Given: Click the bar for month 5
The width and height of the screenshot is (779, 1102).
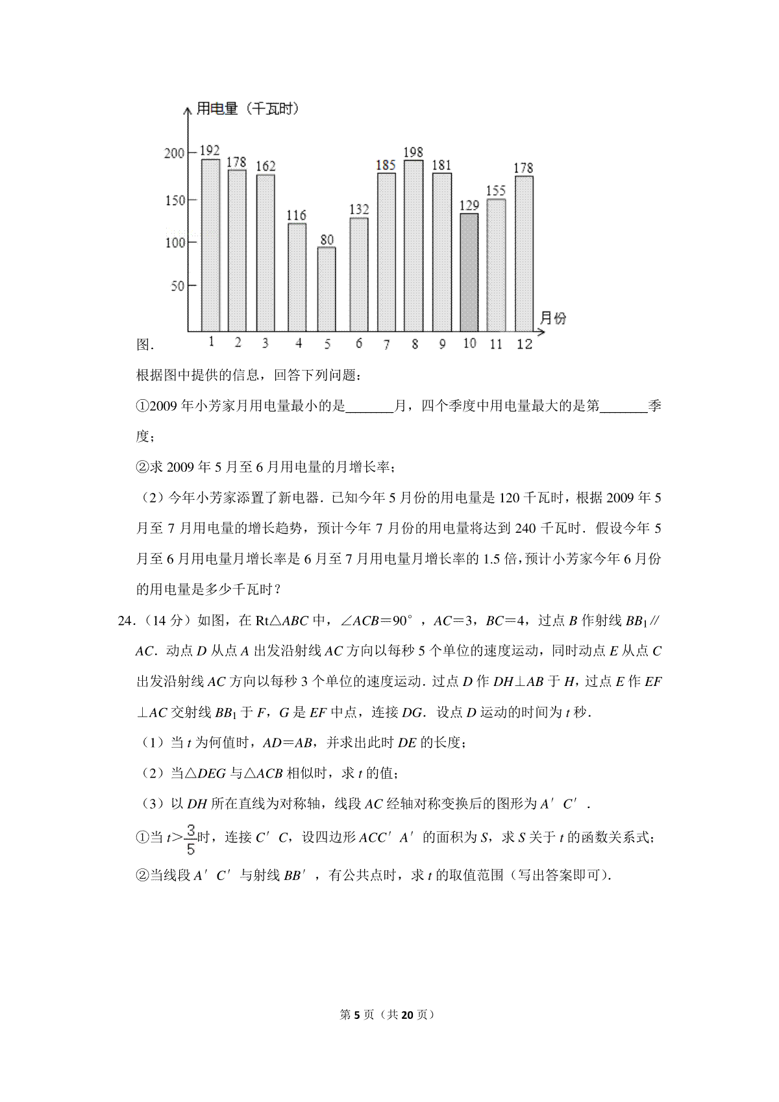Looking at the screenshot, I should pos(327,289).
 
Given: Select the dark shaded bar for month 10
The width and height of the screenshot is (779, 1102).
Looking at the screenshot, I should pos(469,273).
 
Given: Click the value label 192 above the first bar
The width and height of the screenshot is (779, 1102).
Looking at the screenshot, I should pos(209,151).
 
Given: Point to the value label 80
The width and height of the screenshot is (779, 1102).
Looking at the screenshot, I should pos(327,239).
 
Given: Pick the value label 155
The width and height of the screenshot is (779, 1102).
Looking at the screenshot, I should pos(495,191).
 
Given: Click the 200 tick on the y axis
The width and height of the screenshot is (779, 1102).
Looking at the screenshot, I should pos(175,153).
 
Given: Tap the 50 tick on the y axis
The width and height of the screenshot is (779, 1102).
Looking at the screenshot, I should pos(177,286).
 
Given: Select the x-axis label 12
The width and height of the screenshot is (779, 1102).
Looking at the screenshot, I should pos(524,344).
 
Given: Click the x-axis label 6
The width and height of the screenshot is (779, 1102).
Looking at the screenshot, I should pos(358,344).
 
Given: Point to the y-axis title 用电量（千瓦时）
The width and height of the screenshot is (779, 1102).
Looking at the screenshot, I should pos(247,109).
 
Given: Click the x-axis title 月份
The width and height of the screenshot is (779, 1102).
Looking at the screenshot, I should pos(552,318).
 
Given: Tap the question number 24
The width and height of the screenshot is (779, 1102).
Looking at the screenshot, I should pos(126,620).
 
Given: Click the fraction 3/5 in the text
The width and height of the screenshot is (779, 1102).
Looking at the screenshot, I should pos(190,839).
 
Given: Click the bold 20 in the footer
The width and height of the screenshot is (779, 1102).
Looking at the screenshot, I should pos(407,1015).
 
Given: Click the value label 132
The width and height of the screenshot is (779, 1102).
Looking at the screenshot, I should pos(358,209).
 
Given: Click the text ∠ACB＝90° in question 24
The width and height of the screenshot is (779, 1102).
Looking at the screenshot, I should pos(376,620).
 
